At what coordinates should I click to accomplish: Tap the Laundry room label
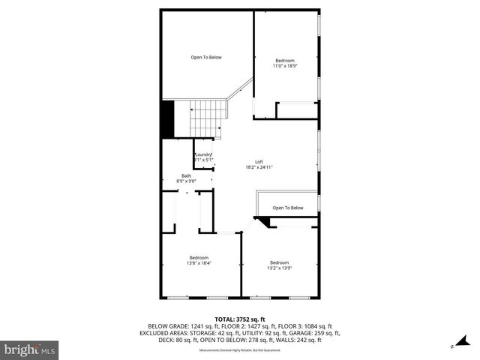[204, 154]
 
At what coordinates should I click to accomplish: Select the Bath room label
[186, 175]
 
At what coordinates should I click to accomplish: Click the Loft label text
[259, 162]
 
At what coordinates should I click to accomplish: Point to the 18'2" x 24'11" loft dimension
[259, 168]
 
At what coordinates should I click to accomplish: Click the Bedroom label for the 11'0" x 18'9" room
[285, 60]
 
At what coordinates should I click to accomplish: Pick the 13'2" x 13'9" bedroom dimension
[280, 268]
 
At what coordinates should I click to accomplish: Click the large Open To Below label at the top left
[206, 57]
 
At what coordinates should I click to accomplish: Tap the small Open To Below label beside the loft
[288, 208]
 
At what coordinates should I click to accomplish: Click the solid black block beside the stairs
[167, 119]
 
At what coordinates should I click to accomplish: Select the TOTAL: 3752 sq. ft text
[239, 319]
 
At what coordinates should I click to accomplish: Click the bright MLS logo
[30, 349]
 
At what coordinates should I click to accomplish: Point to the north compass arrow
[453, 346]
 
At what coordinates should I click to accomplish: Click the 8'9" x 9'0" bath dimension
[186, 181]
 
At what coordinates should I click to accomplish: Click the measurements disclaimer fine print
[239, 350]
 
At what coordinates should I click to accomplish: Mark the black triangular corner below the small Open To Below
[262, 222]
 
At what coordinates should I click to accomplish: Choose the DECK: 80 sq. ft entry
[160, 340]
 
